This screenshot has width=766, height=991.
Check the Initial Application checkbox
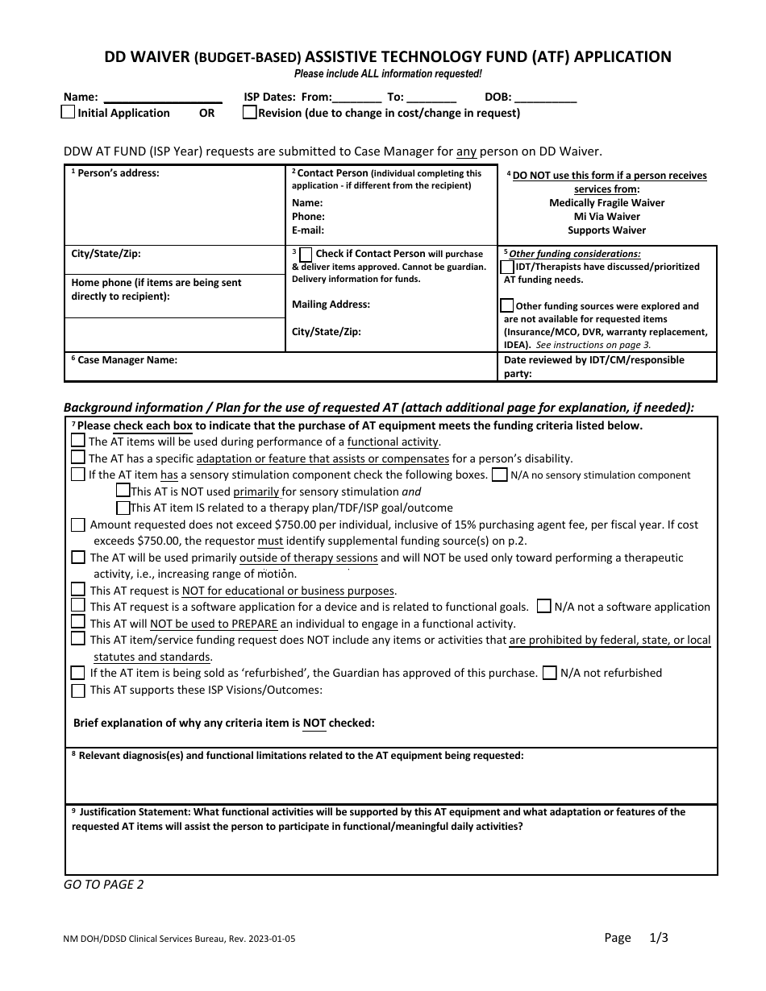click(69, 113)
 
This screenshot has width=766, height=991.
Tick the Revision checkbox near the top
click(250, 113)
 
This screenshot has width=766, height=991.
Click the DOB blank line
click(545, 97)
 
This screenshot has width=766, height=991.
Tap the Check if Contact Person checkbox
click(306, 255)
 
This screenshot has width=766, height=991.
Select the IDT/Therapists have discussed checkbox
click(507, 267)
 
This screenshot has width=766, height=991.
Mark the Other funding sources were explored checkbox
click(507, 306)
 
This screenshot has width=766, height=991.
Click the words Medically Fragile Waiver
click(606, 203)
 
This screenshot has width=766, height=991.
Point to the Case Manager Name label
click(127, 360)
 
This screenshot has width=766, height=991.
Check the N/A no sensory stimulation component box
click(500, 475)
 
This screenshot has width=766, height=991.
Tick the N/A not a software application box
click(545, 607)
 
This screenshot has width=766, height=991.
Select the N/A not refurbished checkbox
click(550, 673)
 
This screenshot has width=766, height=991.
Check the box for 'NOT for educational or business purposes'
click(77, 590)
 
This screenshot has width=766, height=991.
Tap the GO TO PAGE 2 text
click(104, 885)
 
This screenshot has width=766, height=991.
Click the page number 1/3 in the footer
click(660, 938)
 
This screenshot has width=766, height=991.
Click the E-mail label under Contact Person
click(307, 230)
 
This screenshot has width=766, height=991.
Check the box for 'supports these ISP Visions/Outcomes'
click(77, 690)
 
